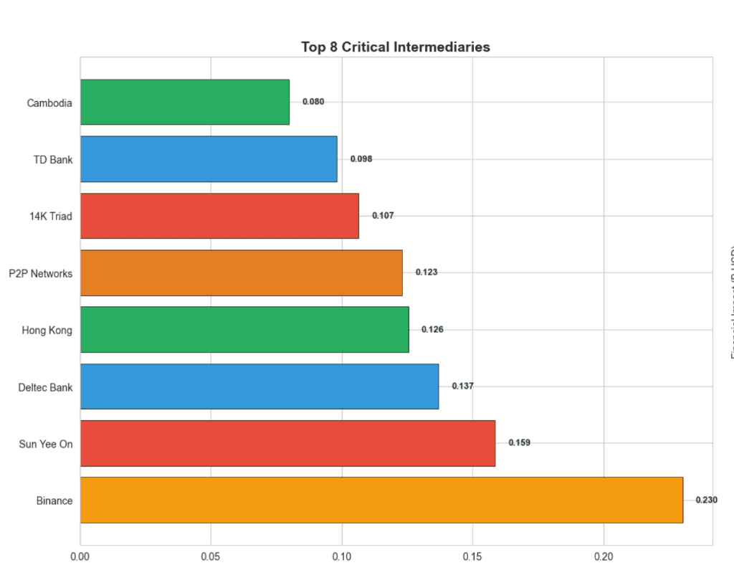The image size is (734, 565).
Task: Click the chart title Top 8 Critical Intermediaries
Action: (395, 47)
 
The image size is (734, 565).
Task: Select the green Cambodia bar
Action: (185, 102)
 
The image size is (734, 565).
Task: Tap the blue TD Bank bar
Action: (209, 159)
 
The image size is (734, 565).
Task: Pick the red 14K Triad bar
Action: (219, 216)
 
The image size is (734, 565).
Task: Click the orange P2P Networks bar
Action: (242, 272)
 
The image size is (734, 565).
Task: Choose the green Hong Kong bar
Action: (244, 329)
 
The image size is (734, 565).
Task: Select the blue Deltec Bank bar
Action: (259, 386)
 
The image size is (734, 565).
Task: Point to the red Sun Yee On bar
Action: (287, 443)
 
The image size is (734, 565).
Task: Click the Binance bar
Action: (381, 500)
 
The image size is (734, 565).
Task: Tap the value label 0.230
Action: (706, 500)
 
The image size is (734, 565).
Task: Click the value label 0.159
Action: (519, 443)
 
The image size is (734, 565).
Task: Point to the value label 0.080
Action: (313, 102)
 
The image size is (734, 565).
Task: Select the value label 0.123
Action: (426, 272)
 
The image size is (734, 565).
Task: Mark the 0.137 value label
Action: (462, 386)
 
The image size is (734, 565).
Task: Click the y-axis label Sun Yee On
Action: (46, 445)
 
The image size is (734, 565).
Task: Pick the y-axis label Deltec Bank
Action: (45, 388)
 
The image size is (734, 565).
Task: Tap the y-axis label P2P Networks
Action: (41, 273)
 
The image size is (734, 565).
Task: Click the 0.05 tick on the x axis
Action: (211, 556)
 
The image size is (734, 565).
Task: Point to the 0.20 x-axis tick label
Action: (604, 556)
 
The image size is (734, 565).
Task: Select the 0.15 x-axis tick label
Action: (472, 556)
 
